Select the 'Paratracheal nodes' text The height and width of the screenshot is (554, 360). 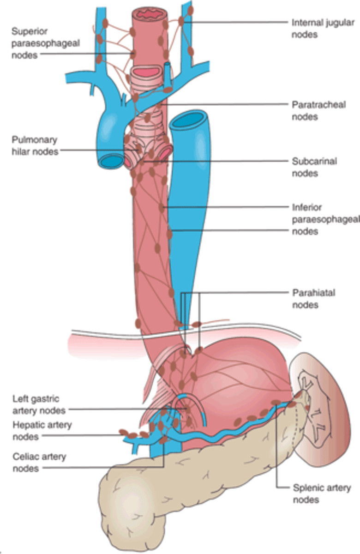[312, 111]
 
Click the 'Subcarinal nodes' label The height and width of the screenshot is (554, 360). [314, 167]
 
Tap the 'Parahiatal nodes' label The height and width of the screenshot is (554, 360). [313, 298]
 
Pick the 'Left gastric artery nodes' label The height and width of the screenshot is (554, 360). [36, 404]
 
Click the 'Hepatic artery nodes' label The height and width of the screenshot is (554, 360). [42, 430]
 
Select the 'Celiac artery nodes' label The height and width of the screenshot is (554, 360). [39, 462]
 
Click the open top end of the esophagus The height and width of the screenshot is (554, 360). [148, 14]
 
